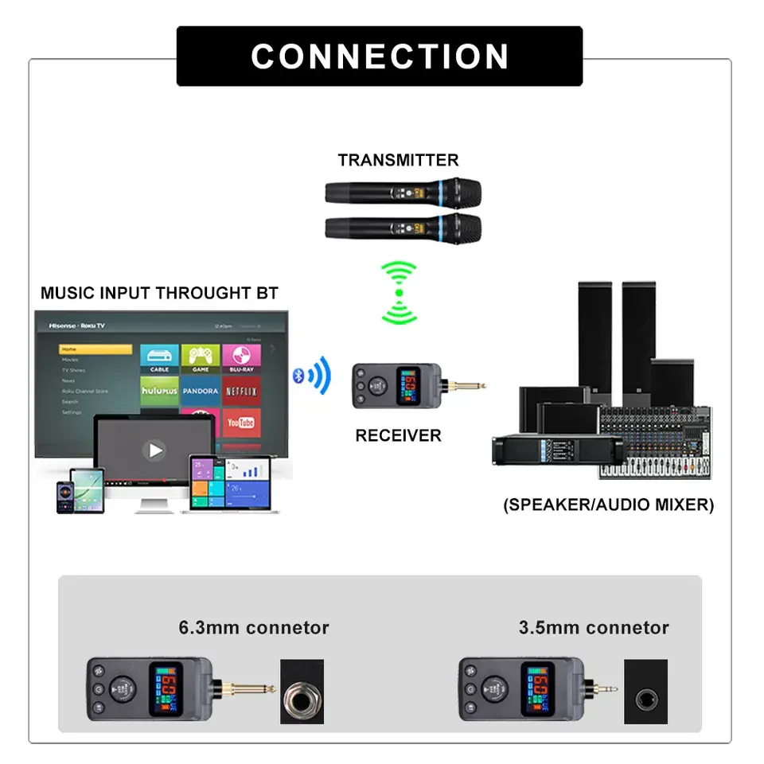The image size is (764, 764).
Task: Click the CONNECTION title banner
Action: tap(380, 57)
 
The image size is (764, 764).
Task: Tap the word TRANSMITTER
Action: tap(398, 160)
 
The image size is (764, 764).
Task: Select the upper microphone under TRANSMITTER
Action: tap(403, 192)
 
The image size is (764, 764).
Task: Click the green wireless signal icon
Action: tap(399, 293)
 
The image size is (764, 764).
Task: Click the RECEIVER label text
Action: tap(398, 435)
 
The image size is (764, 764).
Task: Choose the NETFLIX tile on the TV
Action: tap(241, 392)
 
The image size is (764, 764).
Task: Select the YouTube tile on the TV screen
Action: tap(241, 423)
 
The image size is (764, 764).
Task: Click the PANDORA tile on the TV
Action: tap(201, 392)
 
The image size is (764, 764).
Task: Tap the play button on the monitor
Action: tap(154, 450)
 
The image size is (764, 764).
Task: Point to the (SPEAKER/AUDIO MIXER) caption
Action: tap(609, 505)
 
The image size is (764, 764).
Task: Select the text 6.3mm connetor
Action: tap(254, 628)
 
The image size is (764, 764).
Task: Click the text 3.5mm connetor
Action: tap(594, 628)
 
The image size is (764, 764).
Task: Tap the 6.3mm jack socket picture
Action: tap(302, 692)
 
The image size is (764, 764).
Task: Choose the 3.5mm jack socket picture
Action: tap(645, 692)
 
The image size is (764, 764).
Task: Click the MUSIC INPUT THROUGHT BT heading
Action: tap(159, 293)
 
